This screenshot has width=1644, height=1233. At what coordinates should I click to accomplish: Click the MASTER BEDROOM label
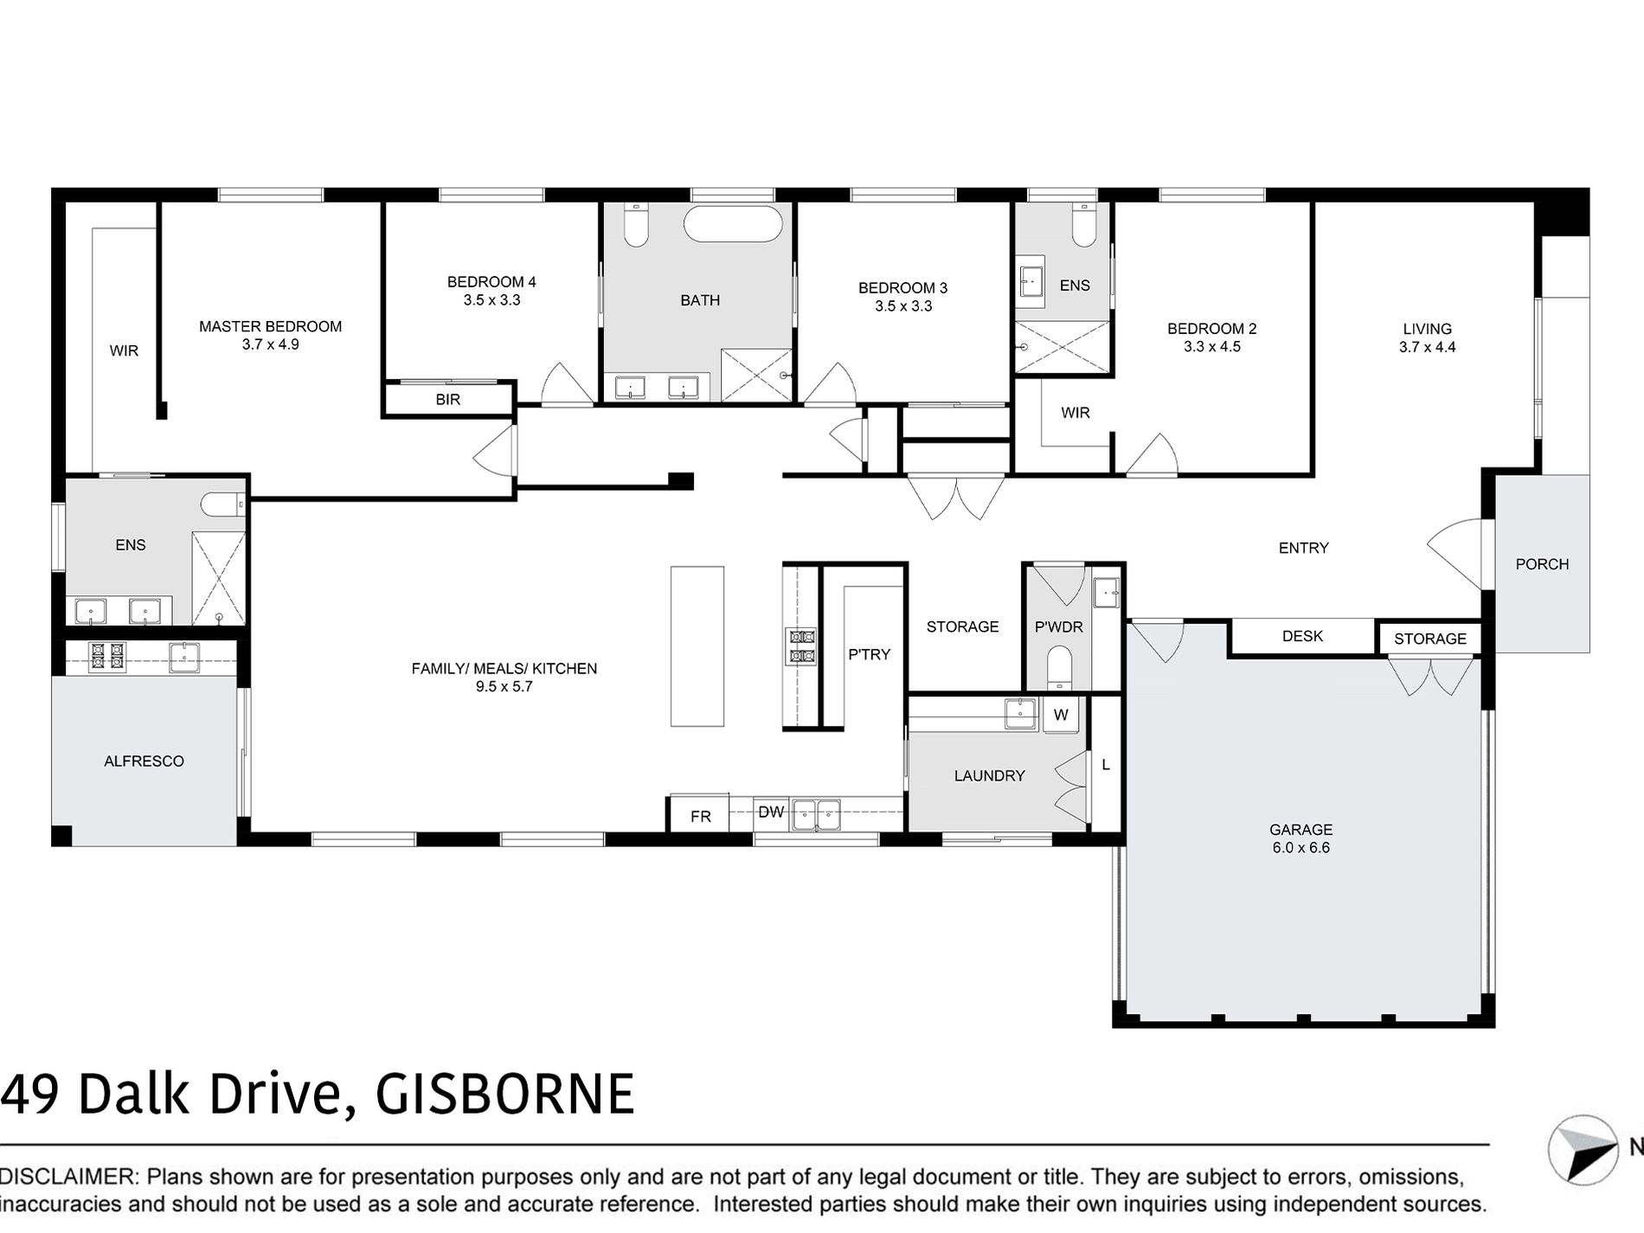pyautogui.click(x=270, y=326)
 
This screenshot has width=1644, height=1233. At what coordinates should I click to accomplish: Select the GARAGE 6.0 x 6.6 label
pyautogui.click(x=1300, y=838)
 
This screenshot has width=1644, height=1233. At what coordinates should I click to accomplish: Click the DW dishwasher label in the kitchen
pyautogui.click(x=771, y=812)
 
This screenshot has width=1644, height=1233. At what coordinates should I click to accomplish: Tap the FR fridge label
pyautogui.click(x=701, y=816)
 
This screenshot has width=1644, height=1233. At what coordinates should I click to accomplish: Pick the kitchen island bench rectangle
pyautogui.click(x=697, y=645)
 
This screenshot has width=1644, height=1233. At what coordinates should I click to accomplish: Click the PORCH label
pyautogui.click(x=1542, y=564)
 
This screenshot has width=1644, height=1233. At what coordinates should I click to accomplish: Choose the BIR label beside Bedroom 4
pyautogui.click(x=448, y=400)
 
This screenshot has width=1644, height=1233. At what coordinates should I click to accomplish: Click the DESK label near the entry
pyautogui.click(x=1302, y=636)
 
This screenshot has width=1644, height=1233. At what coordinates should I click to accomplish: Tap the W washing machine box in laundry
pyautogui.click(x=1061, y=715)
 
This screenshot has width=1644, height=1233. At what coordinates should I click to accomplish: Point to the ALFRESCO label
pyautogui.click(x=144, y=761)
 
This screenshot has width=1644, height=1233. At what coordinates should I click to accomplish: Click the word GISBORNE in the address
pyautogui.click(x=504, y=1095)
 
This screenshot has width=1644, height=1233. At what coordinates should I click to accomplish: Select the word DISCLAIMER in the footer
pyautogui.click(x=68, y=1177)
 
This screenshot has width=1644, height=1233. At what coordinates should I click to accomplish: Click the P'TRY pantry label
pyautogui.click(x=869, y=655)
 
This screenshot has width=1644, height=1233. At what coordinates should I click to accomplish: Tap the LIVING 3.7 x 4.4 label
pyautogui.click(x=1428, y=337)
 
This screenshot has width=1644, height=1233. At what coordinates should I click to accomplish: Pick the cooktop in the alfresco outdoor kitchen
pyautogui.click(x=107, y=656)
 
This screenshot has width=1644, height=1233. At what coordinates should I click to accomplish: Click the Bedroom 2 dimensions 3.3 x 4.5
pyautogui.click(x=1212, y=347)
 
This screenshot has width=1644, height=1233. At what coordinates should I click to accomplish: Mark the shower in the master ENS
pyautogui.click(x=218, y=578)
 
